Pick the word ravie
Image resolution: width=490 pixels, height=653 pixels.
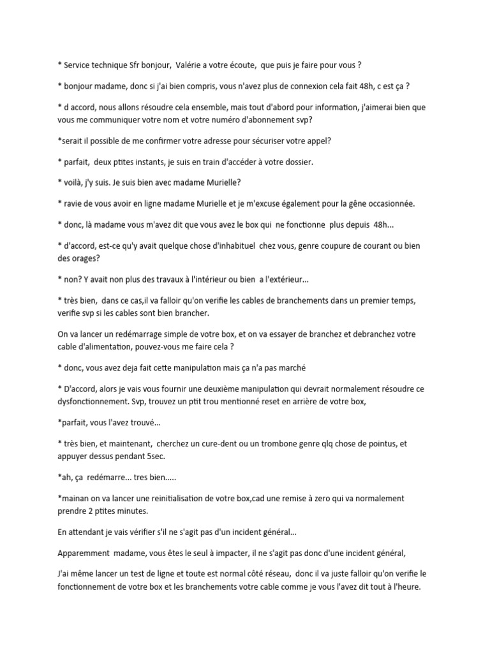point(74,203)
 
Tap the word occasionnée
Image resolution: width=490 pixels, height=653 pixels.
point(385,203)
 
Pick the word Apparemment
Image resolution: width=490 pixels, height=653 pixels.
point(87,553)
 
